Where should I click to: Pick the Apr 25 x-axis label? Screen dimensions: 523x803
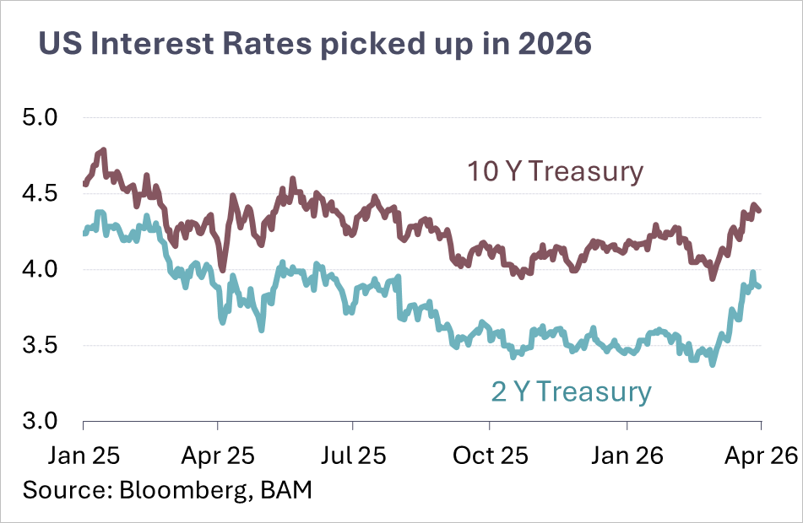[218, 456]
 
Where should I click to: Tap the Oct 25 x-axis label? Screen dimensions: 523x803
[491, 456]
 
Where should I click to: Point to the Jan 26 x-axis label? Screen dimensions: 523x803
[627, 456]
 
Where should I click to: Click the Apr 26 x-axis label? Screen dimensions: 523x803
[762, 456]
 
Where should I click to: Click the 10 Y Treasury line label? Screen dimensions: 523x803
[555, 172]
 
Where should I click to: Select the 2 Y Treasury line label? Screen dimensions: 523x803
[571, 392]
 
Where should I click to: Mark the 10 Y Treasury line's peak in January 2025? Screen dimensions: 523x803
[104, 150]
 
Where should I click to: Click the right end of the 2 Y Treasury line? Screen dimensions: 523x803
[760, 287]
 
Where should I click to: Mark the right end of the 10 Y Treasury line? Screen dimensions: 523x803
[760, 211]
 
